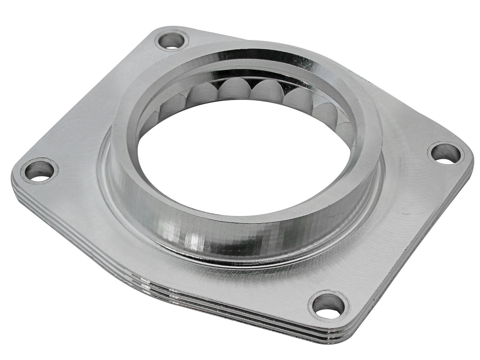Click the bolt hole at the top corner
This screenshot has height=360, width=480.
pyautogui.click(x=172, y=40)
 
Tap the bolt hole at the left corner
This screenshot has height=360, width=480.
pyautogui.click(x=39, y=170)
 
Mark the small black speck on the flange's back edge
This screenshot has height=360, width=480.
pyautogui.click(x=370, y=83)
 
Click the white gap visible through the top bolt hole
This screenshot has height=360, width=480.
pyautogui.click(x=172, y=47)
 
